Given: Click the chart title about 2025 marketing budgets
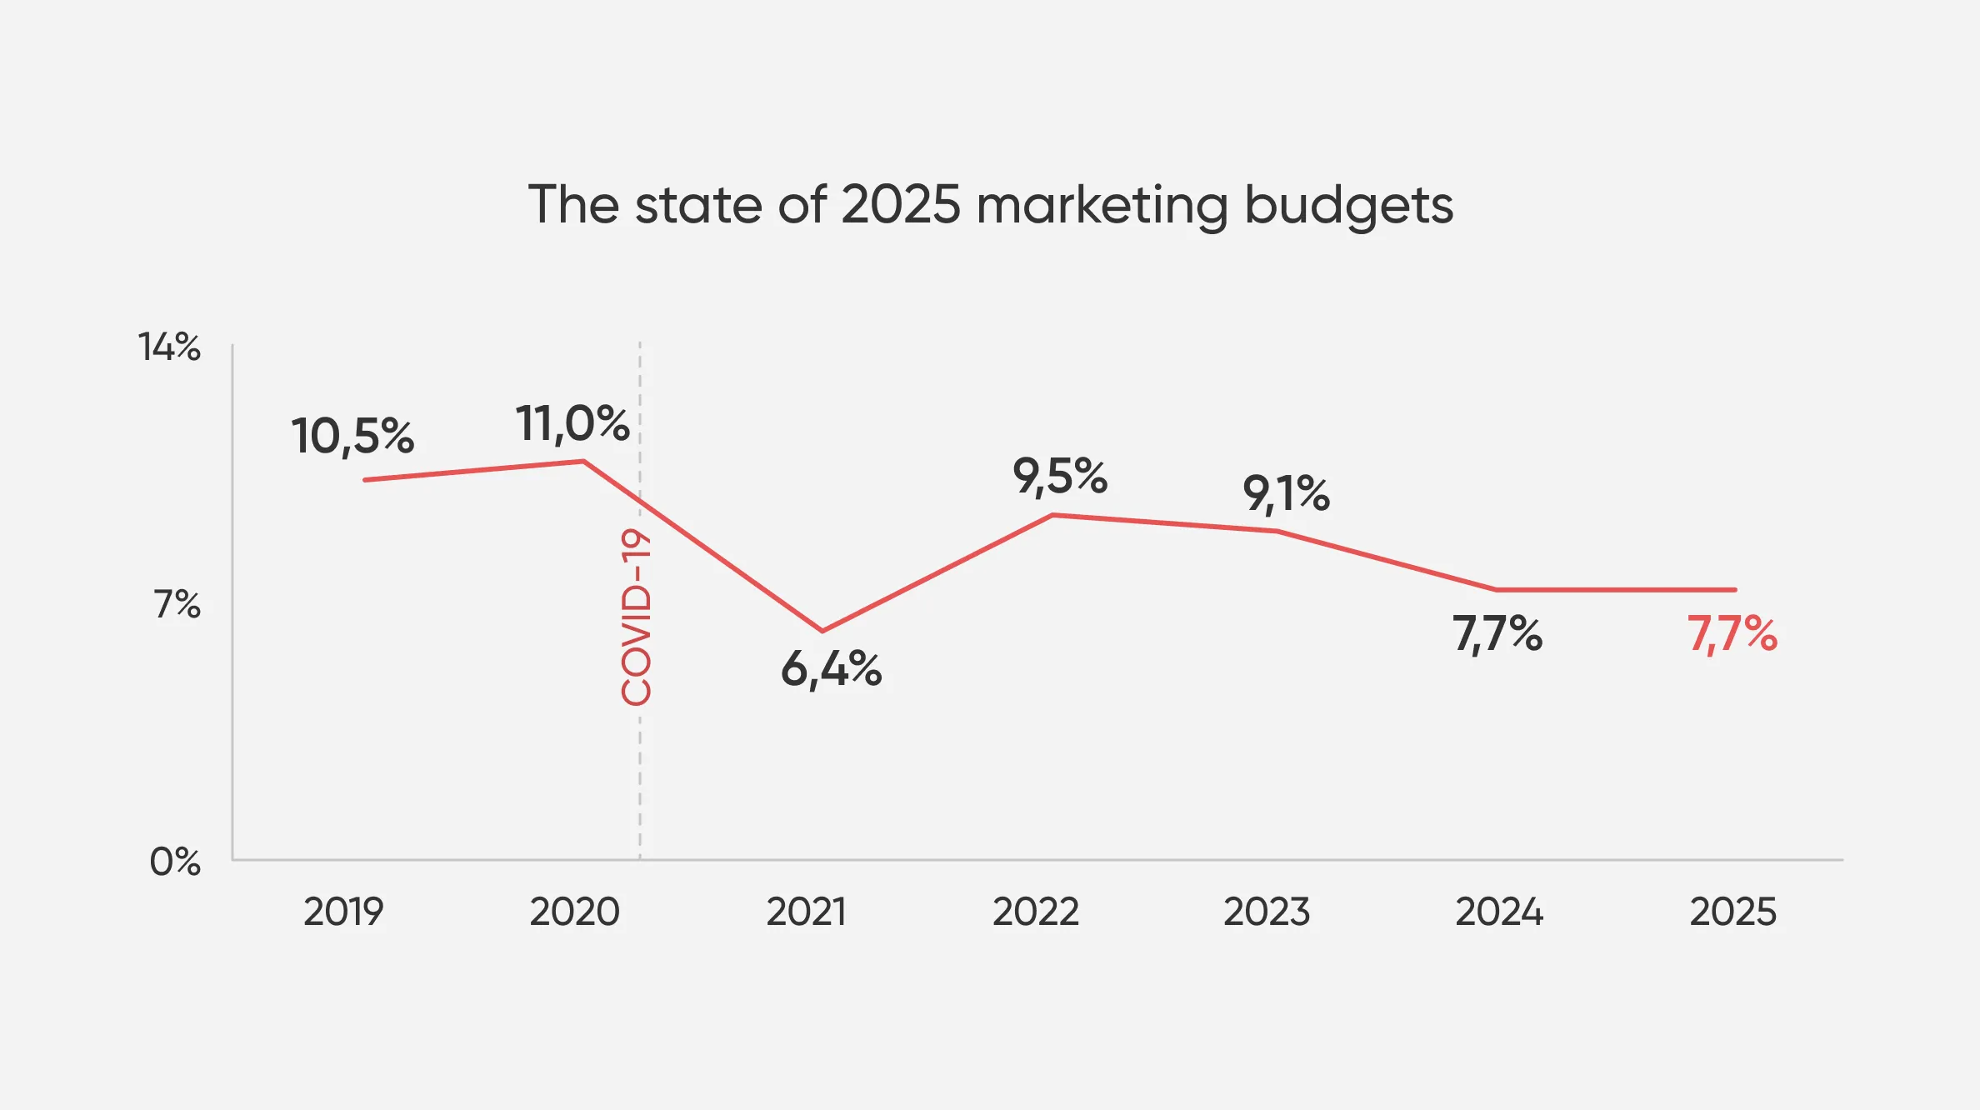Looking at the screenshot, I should (990, 205).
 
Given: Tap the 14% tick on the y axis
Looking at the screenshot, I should (169, 347).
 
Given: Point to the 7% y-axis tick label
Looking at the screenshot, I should (177, 604).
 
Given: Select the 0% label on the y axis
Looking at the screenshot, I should (175, 862).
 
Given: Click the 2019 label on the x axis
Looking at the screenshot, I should (343, 912).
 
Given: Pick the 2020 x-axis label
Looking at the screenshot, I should (575, 912).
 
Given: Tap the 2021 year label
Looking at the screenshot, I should (806, 912).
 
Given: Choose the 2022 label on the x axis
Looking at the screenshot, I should (1036, 912).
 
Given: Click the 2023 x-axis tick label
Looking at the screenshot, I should (1267, 912).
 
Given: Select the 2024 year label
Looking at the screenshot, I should (1499, 912).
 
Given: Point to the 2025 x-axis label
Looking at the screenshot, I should (1732, 912).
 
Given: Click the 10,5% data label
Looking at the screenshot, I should (352, 437).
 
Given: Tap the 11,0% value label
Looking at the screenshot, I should (572, 423).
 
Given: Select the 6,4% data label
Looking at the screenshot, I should (831, 669).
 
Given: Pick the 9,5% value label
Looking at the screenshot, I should (1060, 477).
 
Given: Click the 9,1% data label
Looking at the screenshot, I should (1286, 493).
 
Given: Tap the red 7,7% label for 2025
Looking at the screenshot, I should (1732, 633).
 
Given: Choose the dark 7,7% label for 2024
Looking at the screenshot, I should (1497, 633).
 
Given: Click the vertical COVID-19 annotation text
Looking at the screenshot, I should (637, 617).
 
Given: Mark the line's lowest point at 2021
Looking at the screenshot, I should (822, 631).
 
